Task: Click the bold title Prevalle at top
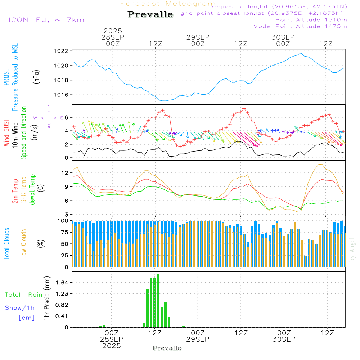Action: [x=150, y=14]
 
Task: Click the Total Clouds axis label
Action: [x=7, y=244]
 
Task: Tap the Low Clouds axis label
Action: [x=24, y=244]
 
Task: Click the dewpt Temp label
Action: [x=32, y=190]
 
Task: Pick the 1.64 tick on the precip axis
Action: [x=62, y=283]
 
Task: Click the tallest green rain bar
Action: [x=158, y=301]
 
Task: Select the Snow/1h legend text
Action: [x=20, y=308]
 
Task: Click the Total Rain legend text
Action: [x=24, y=295]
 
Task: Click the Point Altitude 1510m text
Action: [x=311, y=19]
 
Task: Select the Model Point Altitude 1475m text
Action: [x=300, y=26]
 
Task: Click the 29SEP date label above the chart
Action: [x=198, y=37]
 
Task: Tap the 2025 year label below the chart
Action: [x=112, y=346]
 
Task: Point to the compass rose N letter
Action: [x=49, y=107]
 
